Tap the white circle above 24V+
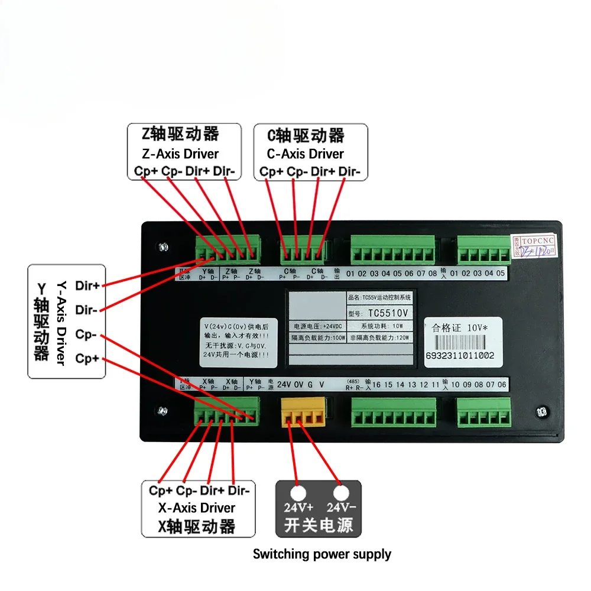(298, 493)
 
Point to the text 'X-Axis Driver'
(197, 508)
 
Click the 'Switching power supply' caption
(322, 554)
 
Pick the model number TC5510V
(388, 312)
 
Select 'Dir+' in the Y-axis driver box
(87, 285)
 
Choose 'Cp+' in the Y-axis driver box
(87, 359)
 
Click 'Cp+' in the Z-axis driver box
(143, 171)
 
